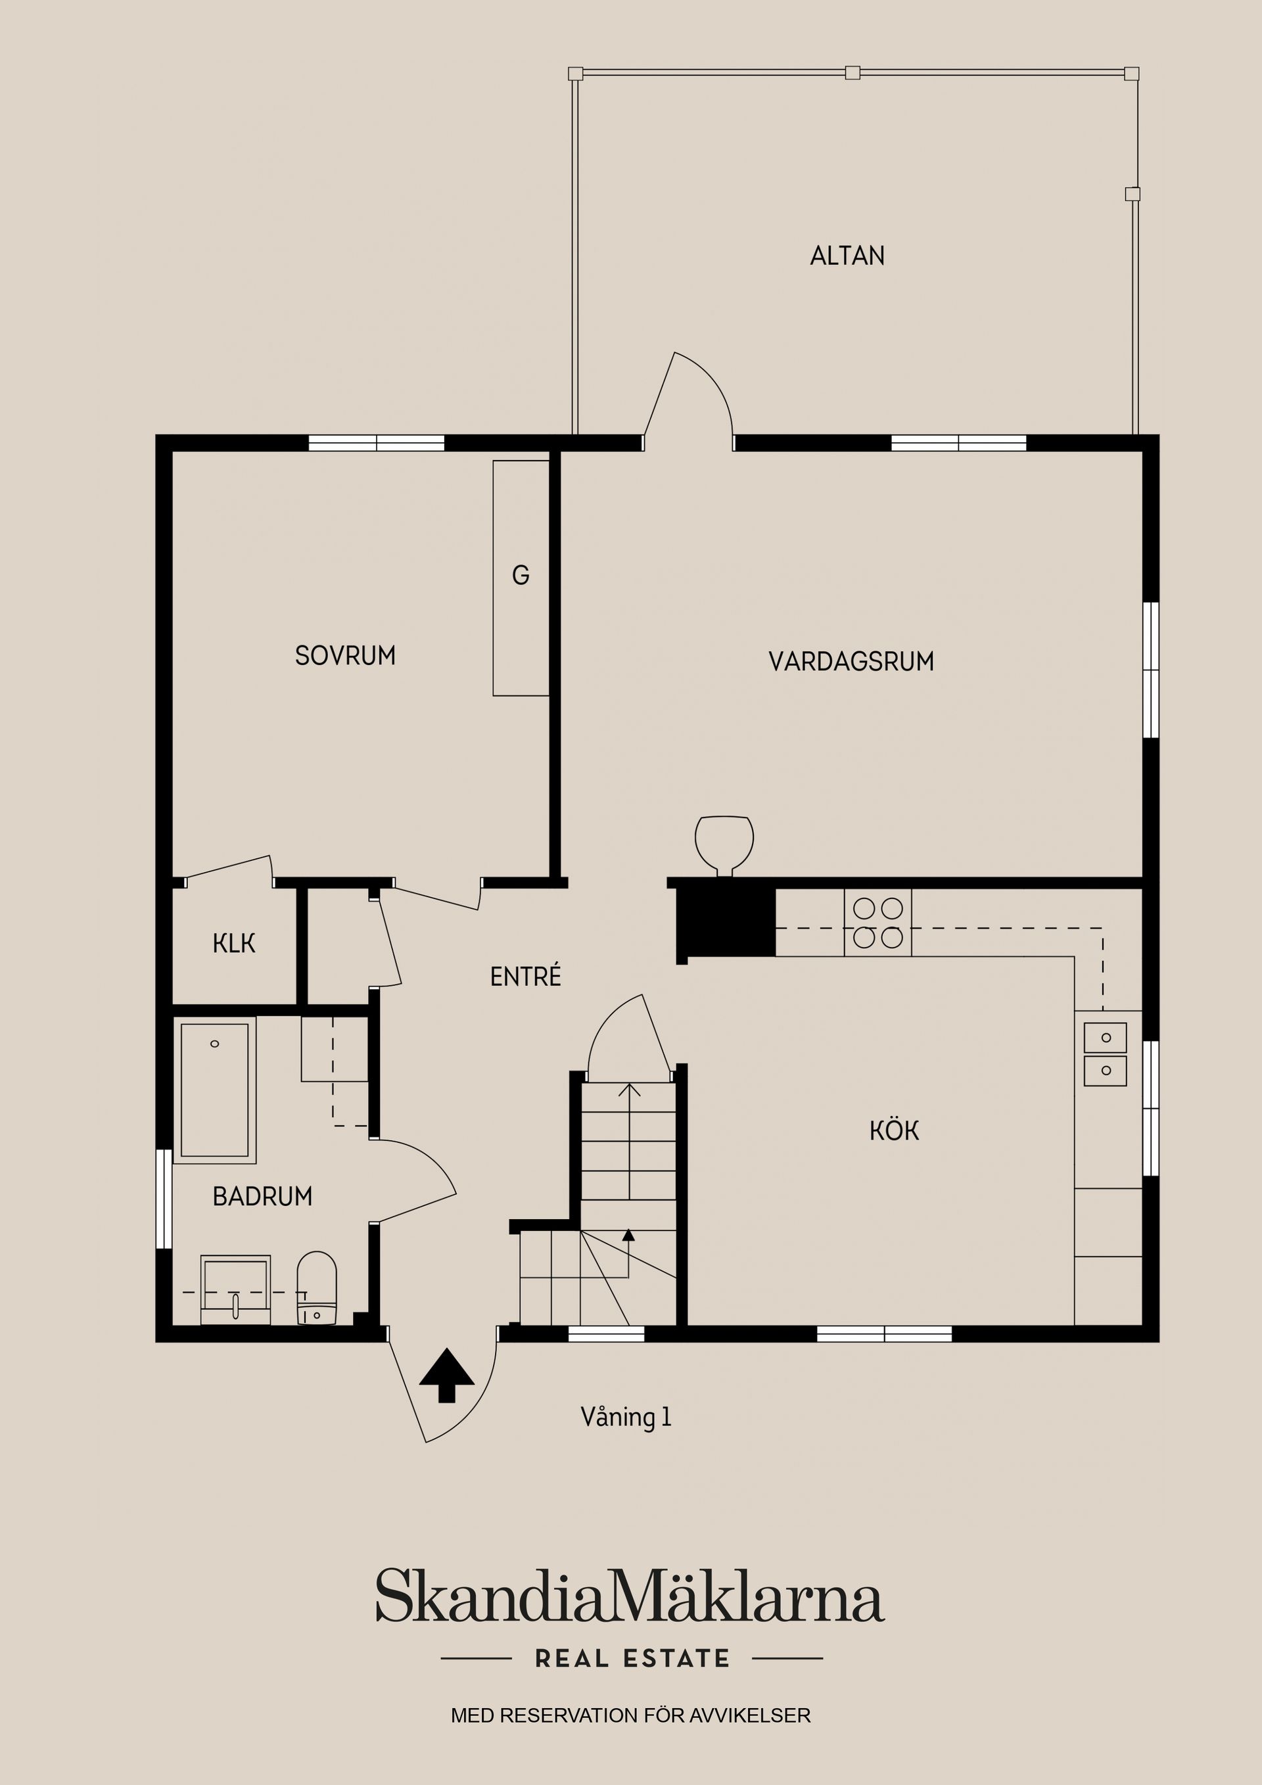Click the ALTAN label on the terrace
click(847, 256)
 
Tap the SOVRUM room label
click(345, 655)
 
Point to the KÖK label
click(894, 1130)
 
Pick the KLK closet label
click(233, 944)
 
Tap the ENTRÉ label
click(525, 977)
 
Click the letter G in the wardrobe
click(520, 575)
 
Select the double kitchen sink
click(1105, 1054)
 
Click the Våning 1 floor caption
click(625, 1416)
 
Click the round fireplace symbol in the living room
click(724, 843)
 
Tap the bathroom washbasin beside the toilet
click(235, 1289)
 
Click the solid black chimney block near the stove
click(727, 922)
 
